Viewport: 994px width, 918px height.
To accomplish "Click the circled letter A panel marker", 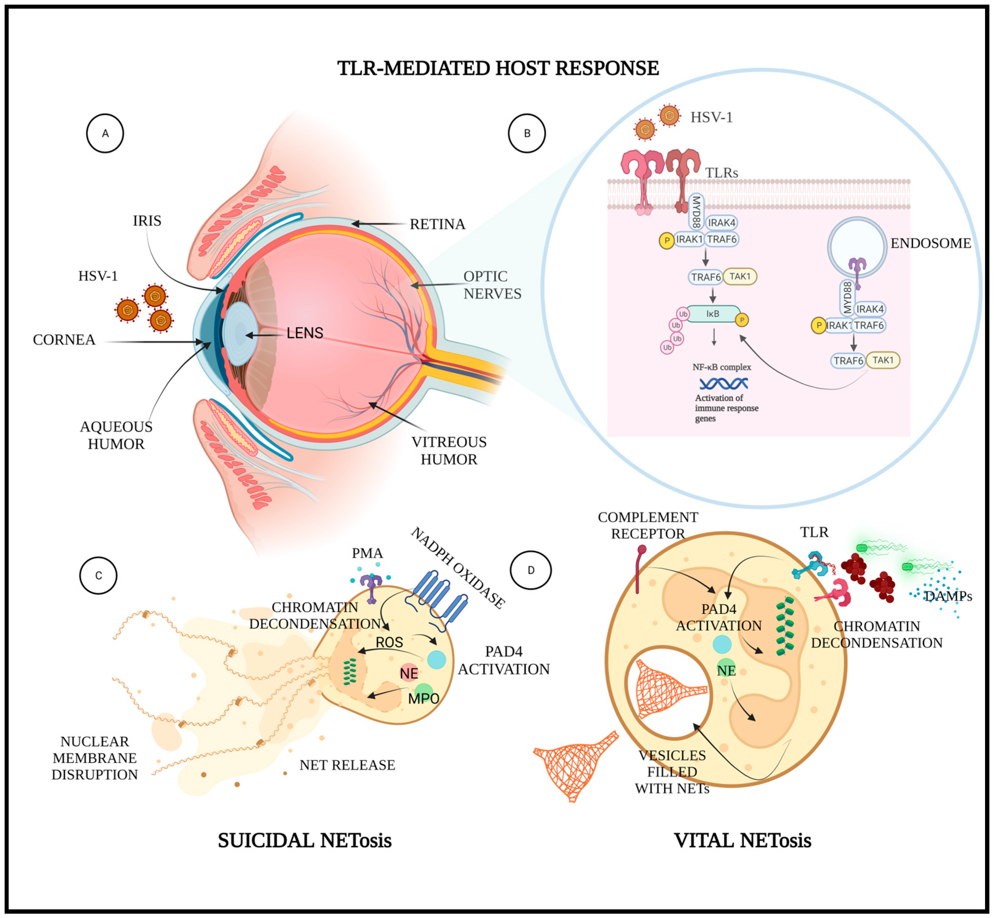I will click(x=105, y=133).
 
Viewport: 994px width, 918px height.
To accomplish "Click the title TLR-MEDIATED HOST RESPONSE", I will click(x=498, y=68).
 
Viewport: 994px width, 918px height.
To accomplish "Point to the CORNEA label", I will click(x=64, y=340).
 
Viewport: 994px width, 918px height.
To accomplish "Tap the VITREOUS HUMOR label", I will click(x=449, y=451).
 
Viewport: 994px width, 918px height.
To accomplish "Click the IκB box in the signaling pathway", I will click(x=713, y=314).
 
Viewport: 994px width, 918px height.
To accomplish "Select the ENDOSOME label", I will click(x=930, y=243).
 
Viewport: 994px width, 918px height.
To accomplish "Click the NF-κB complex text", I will click(x=722, y=367).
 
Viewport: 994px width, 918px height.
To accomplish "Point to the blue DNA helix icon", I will click(x=723, y=384).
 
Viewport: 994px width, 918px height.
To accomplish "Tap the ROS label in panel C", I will click(x=389, y=642).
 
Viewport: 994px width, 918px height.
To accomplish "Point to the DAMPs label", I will click(x=948, y=596).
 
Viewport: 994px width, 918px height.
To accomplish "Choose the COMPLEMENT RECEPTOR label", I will click(x=648, y=525).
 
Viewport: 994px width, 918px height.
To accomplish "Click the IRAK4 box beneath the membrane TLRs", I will click(x=721, y=222).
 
